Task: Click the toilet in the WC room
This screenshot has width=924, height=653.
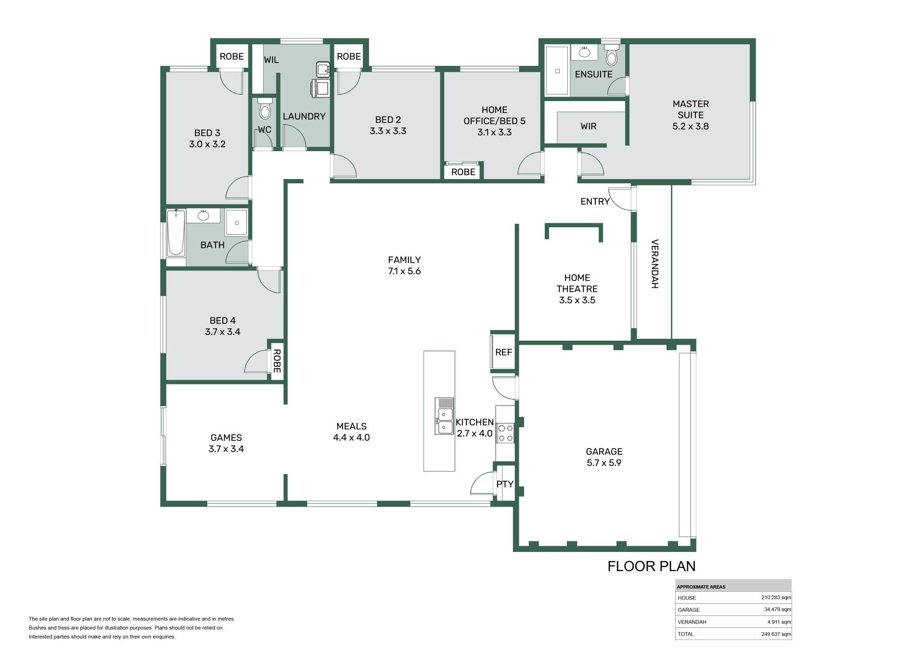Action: tap(265, 108)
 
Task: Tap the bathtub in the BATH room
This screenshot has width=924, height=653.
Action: tap(176, 233)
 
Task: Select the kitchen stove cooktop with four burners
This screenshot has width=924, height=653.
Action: tap(505, 433)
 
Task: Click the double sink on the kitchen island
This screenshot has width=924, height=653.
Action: tap(444, 416)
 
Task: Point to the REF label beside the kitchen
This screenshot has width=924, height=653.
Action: tap(503, 352)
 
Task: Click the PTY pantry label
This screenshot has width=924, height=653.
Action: tap(505, 484)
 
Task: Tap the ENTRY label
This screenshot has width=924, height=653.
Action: tap(595, 202)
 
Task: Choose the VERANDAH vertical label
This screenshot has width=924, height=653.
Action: tap(654, 264)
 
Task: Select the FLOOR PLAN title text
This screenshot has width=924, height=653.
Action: tap(652, 566)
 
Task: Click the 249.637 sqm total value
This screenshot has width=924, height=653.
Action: tap(776, 634)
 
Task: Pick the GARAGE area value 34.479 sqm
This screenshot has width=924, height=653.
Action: tap(777, 609)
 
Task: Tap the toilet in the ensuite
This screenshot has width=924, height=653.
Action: tap(611, 54)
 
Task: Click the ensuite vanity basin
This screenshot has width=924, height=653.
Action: tap(585, 52)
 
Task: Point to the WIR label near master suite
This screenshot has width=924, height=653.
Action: tap(589, 126)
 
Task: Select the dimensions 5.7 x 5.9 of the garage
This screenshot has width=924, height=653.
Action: tap(604, 463)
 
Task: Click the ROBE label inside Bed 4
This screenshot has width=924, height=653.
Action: tap(277, 361)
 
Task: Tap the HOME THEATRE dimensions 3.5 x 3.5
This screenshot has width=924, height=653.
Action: tap(577, 300)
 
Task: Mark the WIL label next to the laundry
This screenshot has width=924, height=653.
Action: tap(271, 60)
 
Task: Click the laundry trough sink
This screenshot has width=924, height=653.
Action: tap(323, 69)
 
